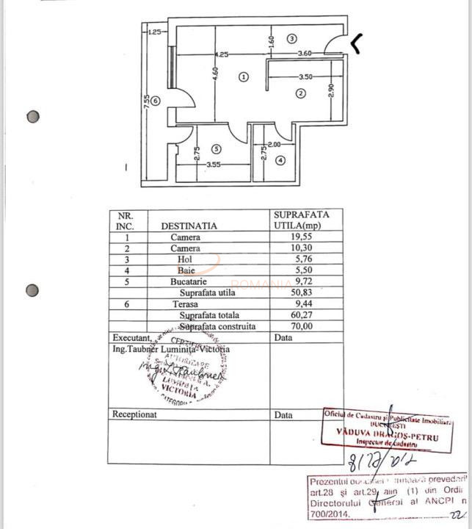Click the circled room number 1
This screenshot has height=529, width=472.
tap(244, 76)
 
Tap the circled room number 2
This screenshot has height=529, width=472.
tap(300, 93)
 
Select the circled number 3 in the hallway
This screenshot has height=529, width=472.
tap(291, 38)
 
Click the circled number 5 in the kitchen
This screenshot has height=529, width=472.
tap(215, 148)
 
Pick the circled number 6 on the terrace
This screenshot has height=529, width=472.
tap(155, 101)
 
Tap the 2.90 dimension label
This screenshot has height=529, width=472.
tap(331, 89)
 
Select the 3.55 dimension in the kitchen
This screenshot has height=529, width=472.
tap(214, 165)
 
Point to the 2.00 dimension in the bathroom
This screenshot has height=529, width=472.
tap(275, 145)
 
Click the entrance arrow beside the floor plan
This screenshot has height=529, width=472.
tap(357, 45)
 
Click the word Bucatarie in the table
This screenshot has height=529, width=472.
tap(189, 281)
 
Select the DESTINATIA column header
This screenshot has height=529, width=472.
tap(189, 226)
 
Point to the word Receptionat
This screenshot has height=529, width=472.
tap(134, 414)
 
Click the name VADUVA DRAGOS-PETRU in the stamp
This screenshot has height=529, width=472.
tap(388, 433)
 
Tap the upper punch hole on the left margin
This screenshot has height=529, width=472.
tap(32, 117)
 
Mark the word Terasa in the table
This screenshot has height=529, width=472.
tap(186, 303)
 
